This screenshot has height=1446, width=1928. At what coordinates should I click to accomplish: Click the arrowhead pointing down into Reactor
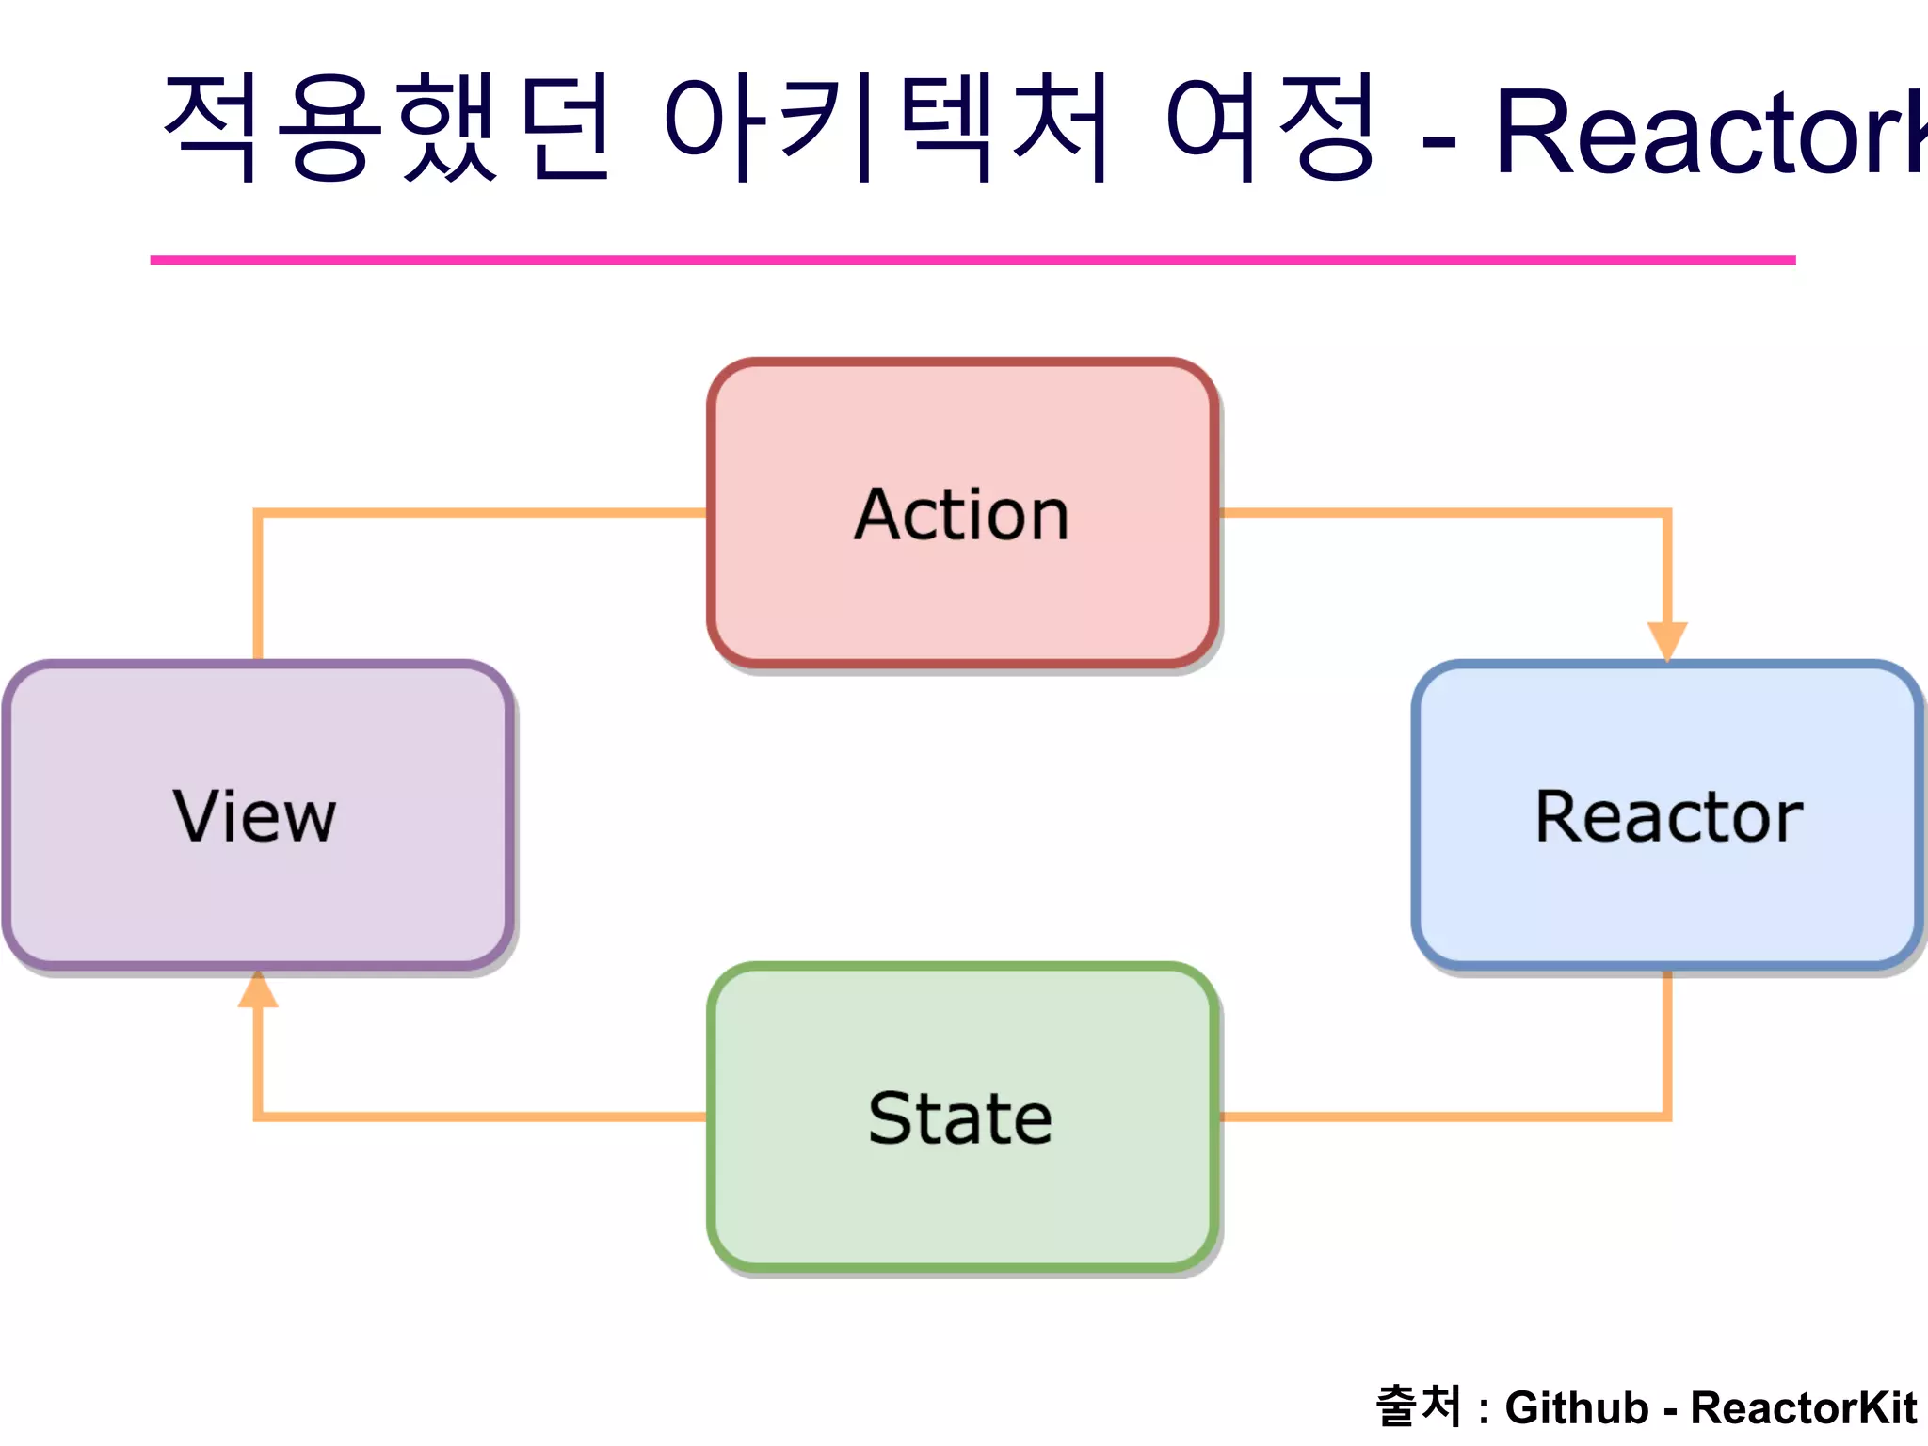(1667, 640)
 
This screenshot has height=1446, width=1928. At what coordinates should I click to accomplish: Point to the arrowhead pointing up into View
(257, 990)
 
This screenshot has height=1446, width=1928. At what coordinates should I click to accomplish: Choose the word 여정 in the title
(1271, 127)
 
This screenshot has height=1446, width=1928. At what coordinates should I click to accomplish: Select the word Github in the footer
(1577, 1408)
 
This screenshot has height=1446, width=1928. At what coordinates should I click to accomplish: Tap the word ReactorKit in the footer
(1803, 1408)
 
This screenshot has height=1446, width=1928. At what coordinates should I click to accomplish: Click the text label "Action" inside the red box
(962, 515)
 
